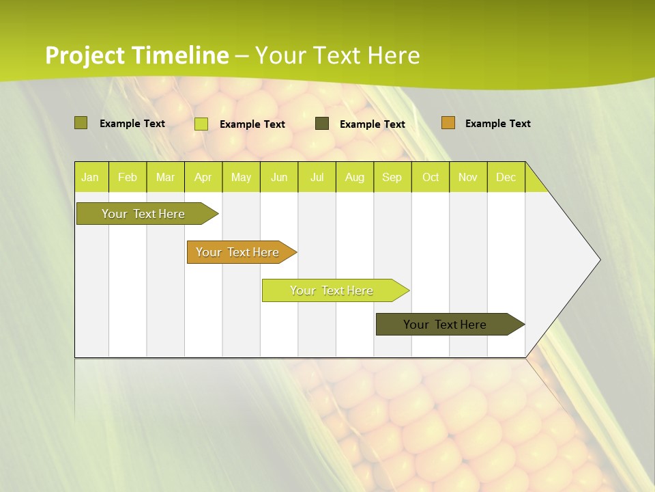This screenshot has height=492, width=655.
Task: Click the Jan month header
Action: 90,178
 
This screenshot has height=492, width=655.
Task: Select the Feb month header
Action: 128,178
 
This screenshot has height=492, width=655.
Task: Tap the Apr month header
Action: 203,178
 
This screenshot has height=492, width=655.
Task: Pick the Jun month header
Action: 279,178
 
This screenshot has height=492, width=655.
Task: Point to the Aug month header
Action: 355,178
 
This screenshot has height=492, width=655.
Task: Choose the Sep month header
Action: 392,178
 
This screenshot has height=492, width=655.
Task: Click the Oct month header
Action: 431,178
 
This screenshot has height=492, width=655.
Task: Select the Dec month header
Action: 506,178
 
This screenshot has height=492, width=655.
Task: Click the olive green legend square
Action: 81,123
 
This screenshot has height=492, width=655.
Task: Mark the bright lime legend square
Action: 201,124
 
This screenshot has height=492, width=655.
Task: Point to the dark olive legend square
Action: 322,124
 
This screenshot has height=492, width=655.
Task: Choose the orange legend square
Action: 448,123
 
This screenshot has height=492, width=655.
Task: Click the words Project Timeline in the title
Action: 136,55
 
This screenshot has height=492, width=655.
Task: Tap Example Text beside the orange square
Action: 497,124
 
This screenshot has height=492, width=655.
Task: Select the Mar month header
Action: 165,178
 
